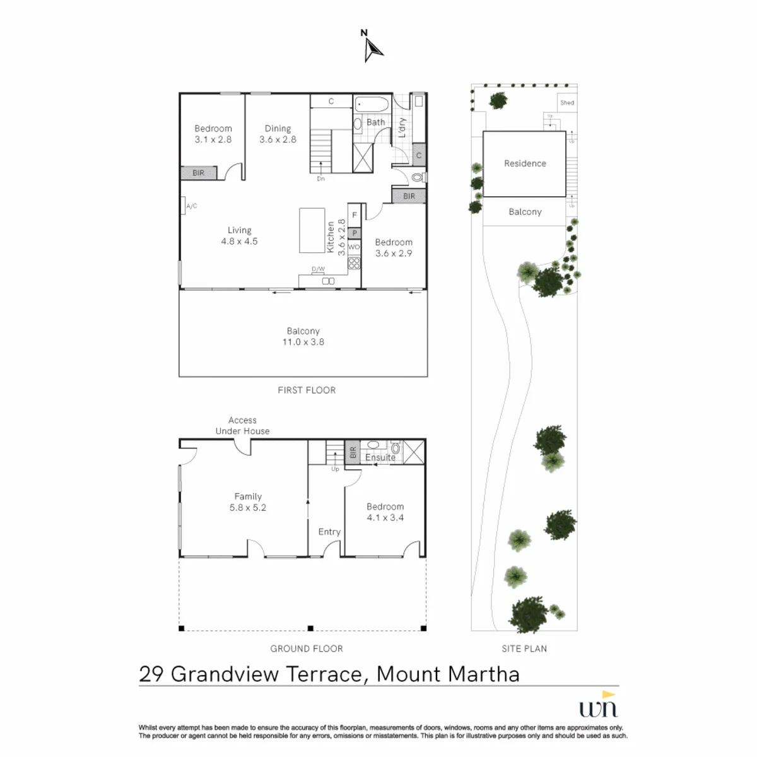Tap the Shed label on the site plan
[566, 103]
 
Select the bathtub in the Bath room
[371, 105]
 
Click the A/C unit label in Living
[192, 206]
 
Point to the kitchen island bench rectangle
[312, 230]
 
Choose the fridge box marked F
[355, 215]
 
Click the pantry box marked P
[355, 233]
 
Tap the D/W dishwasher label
[318, 269]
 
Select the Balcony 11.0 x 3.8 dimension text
[303, 342]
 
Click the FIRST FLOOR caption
[307, 390]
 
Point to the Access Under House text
[242, 425]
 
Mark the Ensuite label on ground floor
[380, 457]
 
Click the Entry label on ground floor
[329, 532]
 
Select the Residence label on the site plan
[525, 163]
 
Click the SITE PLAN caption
[524, 648]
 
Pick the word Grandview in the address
[225, 674]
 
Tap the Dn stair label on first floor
[320, 179]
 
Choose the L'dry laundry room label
[402, 127]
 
